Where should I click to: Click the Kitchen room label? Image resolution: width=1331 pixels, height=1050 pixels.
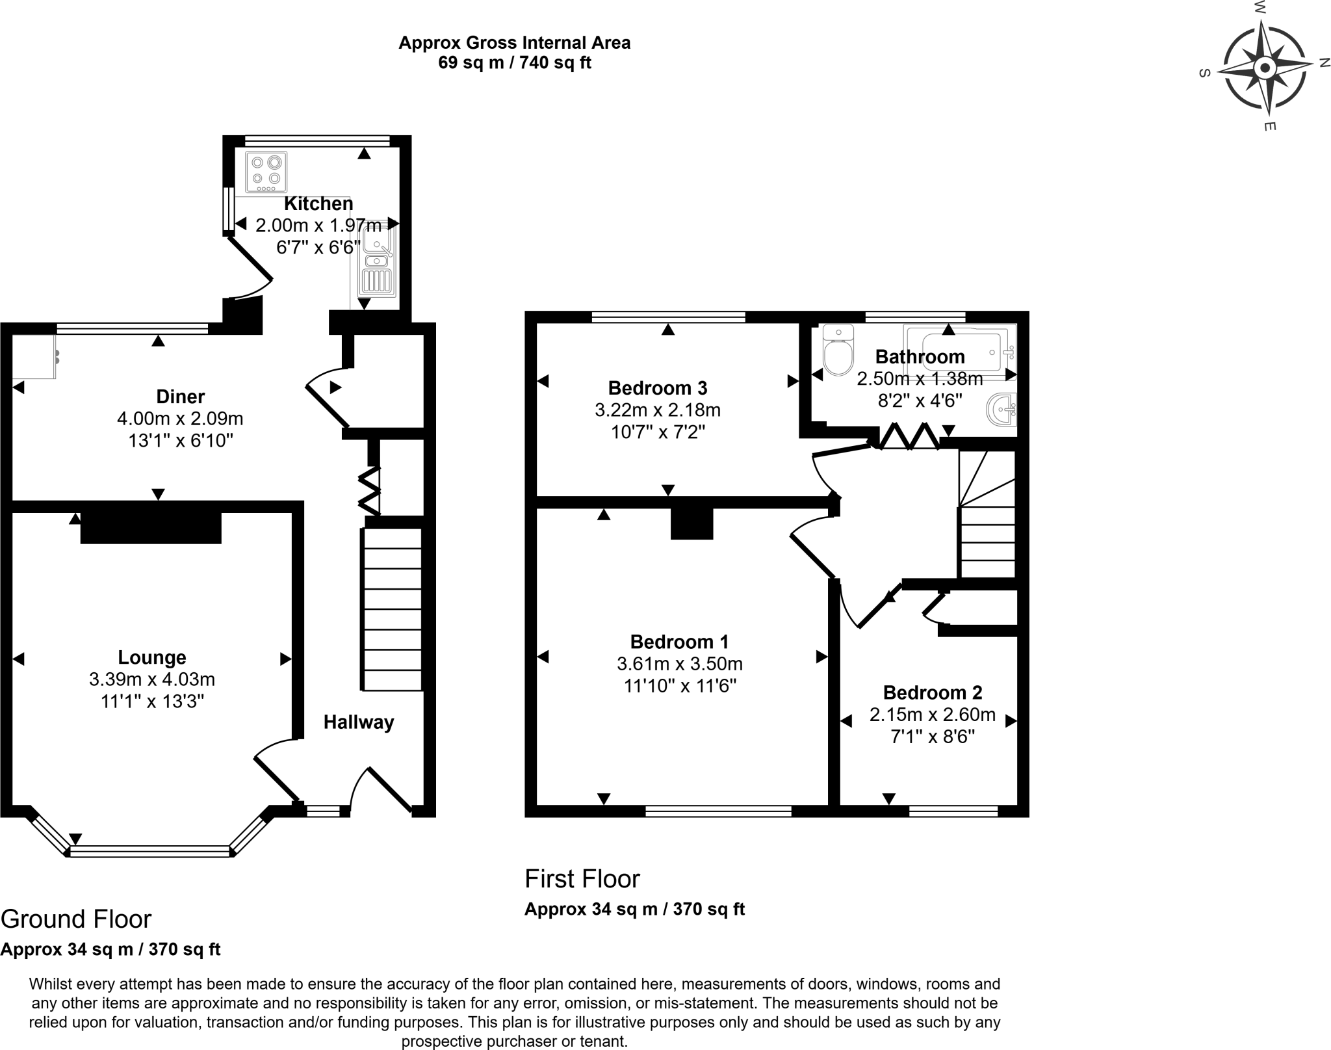pyautogui.click(x=318, y=203)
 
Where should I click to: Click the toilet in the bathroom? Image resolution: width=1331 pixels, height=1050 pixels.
pyautogui.click(x=838, y=352)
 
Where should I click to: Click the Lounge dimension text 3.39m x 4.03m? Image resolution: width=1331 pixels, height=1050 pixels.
pyautogui.click(x=152, y=680)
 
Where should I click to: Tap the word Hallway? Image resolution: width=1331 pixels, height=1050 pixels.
pyautogui.click(x=359, y=722)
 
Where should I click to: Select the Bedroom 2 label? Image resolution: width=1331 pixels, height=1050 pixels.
pyautogui.click(x=932, y=692)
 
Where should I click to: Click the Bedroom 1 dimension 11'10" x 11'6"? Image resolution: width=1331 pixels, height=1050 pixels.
pyautogui.click(x=680, y=686)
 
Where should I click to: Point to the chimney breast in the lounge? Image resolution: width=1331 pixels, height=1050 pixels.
pyautogui.click(x=151, y=527)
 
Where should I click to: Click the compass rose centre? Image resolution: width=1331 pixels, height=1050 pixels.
pyautogui.click(x=1265, y=68)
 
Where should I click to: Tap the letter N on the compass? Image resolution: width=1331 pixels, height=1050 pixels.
pyautogui.click(x=1324, y=62)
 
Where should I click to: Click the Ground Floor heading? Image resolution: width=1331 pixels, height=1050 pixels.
pyautogui.click(x=76, y=919)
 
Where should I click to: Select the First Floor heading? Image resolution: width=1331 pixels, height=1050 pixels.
pyautogui.click(x=582, y=879)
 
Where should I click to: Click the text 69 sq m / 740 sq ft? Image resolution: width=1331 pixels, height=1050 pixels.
pyautogui.click(x=515, y=63)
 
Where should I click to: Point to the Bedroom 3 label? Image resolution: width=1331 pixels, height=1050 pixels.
pyautogui.click(x=657, y=388)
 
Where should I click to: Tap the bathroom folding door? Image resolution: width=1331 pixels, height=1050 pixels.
pyautogui.click(x=909, y=436)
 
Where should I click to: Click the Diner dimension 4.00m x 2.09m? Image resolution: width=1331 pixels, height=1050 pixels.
pyautogui.click(x=180, y=419)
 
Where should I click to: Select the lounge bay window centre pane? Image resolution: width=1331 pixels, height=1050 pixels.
pyautogui.click(x=150, y=852)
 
